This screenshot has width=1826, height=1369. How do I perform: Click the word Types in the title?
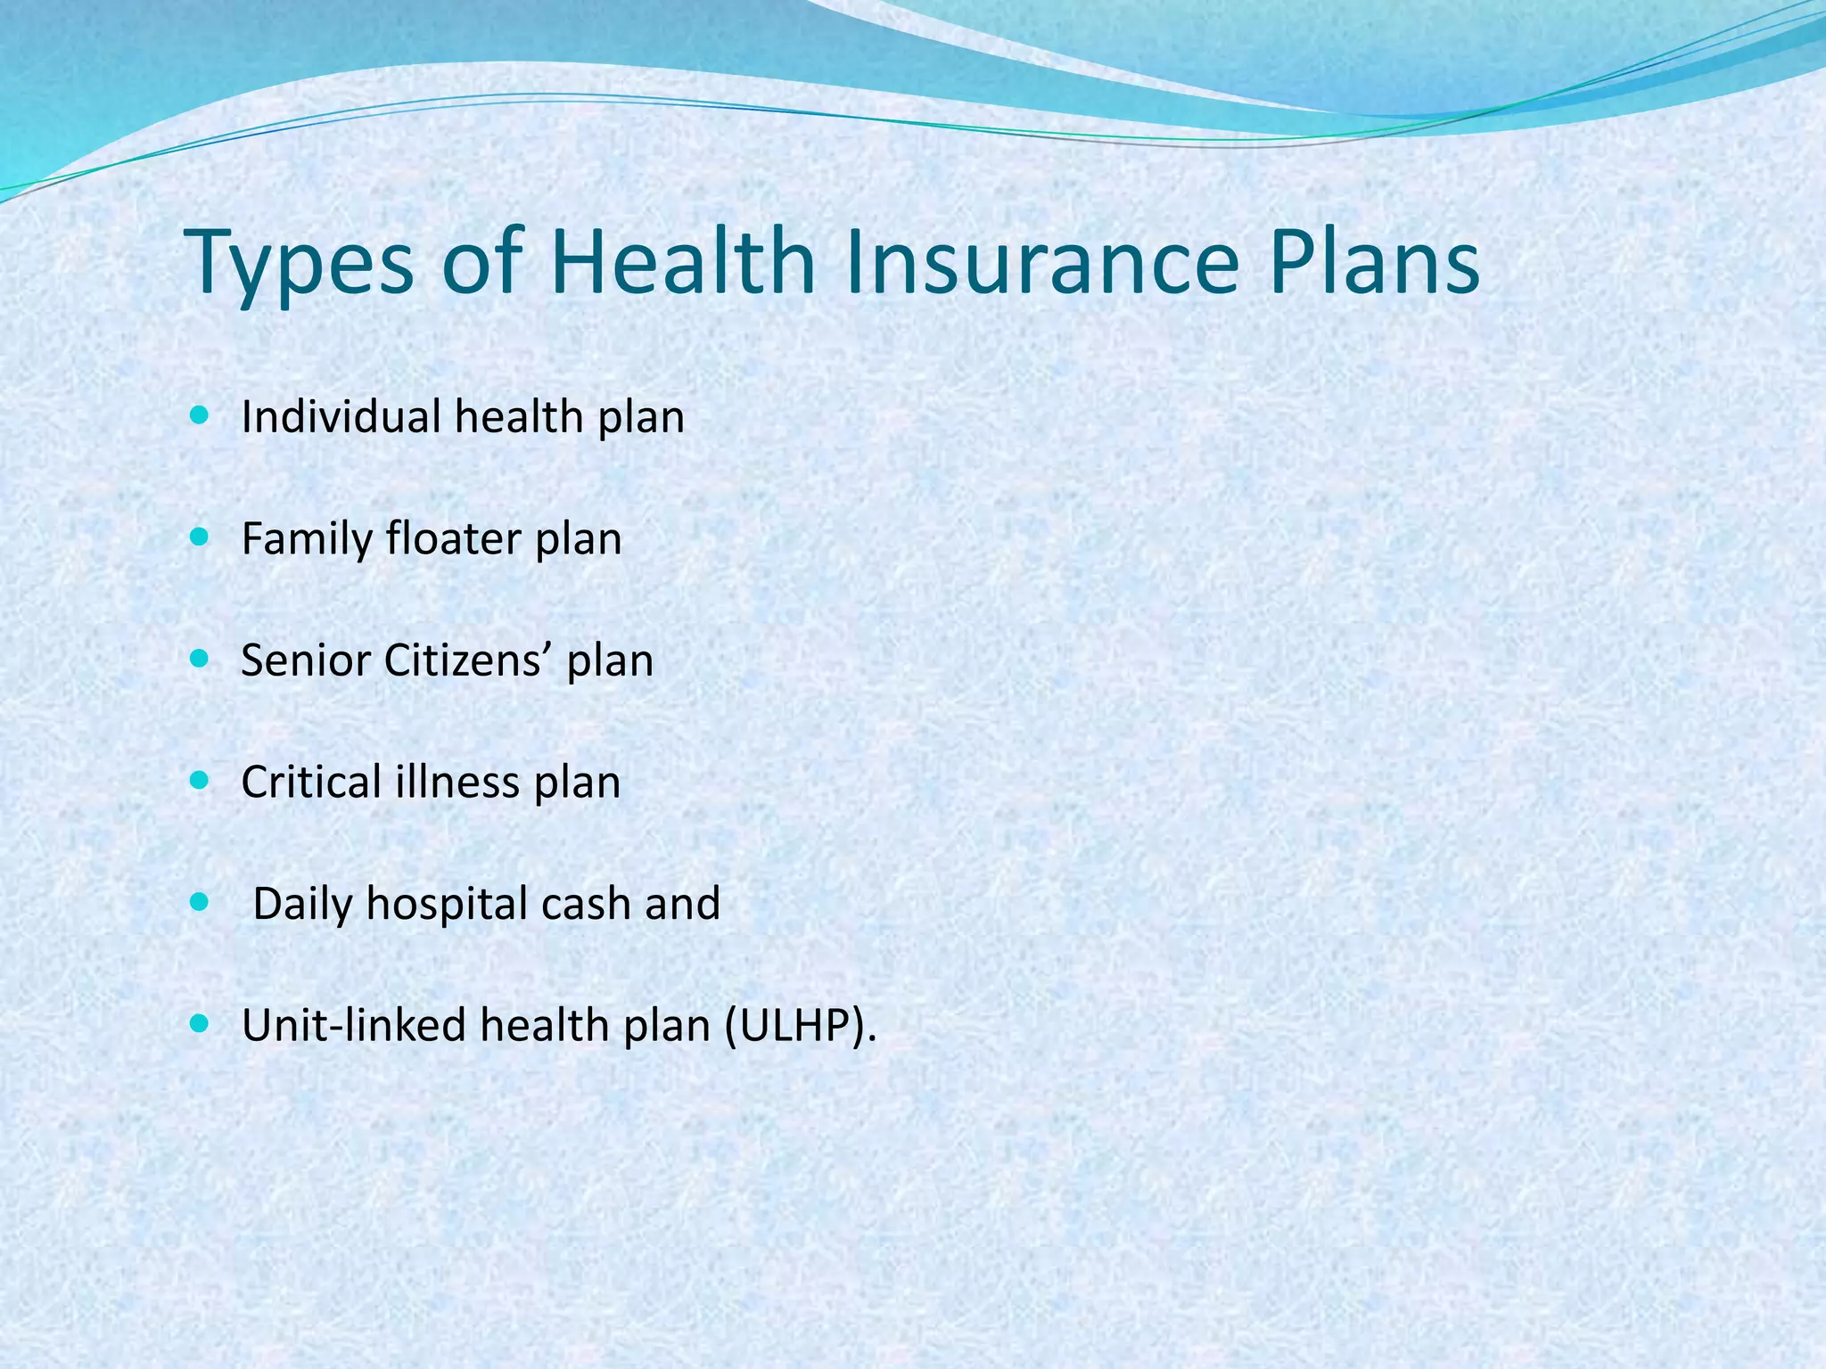coord(299,262)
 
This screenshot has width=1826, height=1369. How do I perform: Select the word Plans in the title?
coord(1373,262)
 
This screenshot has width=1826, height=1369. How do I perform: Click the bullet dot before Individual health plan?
coord(200,415)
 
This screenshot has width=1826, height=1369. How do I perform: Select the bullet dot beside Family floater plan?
coord(200,537)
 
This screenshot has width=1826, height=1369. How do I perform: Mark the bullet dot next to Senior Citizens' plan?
coord(200,660)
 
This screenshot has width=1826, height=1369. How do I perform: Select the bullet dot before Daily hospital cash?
coord(200,903)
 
